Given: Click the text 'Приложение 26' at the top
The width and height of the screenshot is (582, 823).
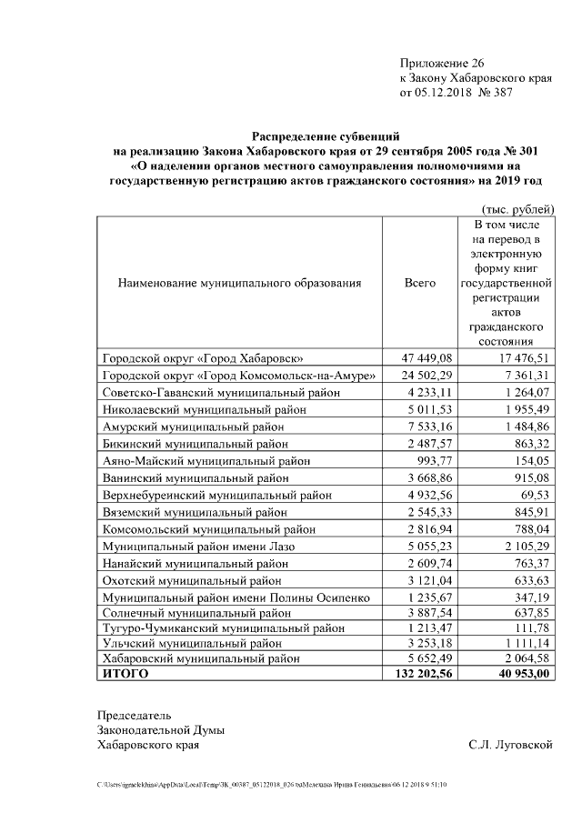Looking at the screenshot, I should coord(443,63).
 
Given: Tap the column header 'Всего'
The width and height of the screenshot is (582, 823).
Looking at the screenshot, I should coord(419,283).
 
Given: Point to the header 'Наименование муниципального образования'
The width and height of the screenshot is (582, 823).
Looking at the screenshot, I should coord(239,283).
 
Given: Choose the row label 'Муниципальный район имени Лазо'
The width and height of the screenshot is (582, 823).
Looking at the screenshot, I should coord(197,547).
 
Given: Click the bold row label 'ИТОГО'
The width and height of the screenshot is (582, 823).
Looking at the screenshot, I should coord(125,674).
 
